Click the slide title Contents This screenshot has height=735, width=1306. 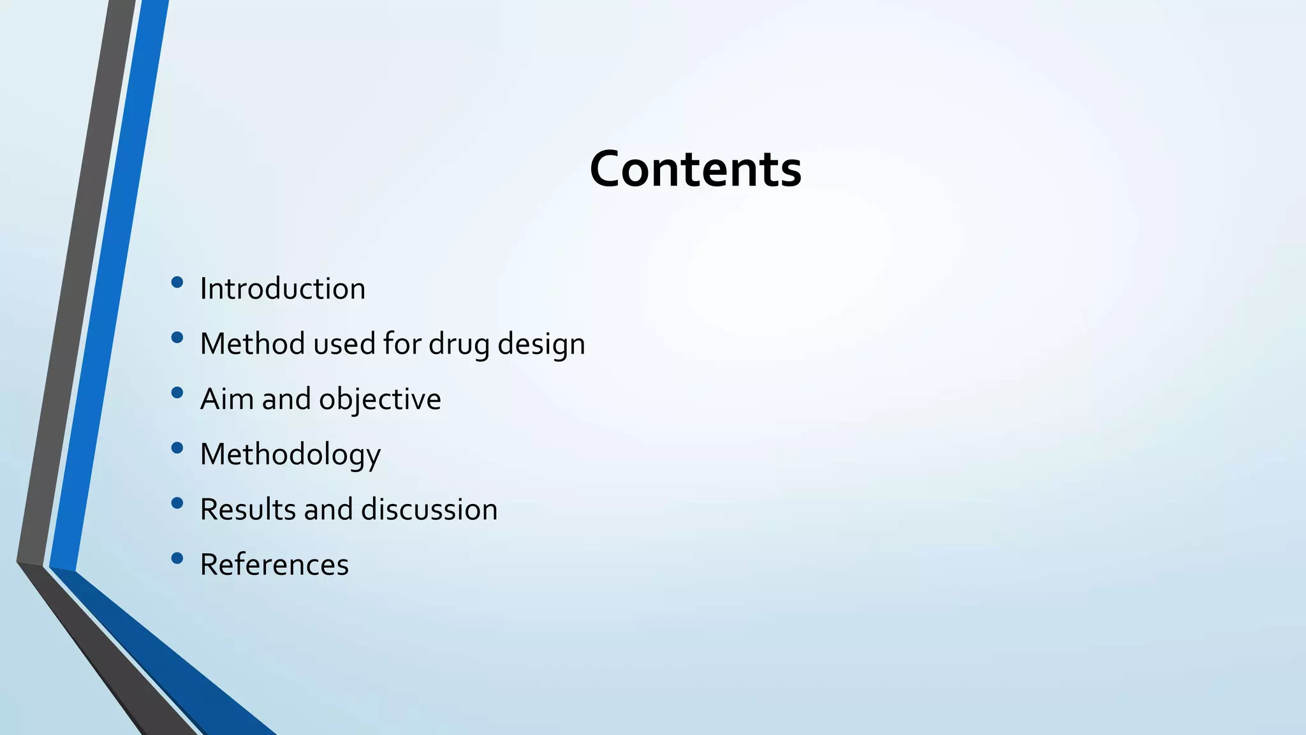coord(695,169)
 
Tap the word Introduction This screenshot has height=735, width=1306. coord(282,288)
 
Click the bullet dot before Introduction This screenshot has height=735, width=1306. coord(177,282)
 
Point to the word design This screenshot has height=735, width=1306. coord(541,344)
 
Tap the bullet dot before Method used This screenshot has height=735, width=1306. coord(177,338)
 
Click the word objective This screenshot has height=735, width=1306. coord(379,399)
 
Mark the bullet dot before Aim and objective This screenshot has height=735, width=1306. coord(177,392)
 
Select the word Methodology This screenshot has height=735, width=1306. coord(290,454)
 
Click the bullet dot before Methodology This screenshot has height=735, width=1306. coord(177,448)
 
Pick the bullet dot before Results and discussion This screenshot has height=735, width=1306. coord(177,503)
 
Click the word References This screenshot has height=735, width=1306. coord(274,565)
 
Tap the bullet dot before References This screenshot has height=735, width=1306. coord(177,558)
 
